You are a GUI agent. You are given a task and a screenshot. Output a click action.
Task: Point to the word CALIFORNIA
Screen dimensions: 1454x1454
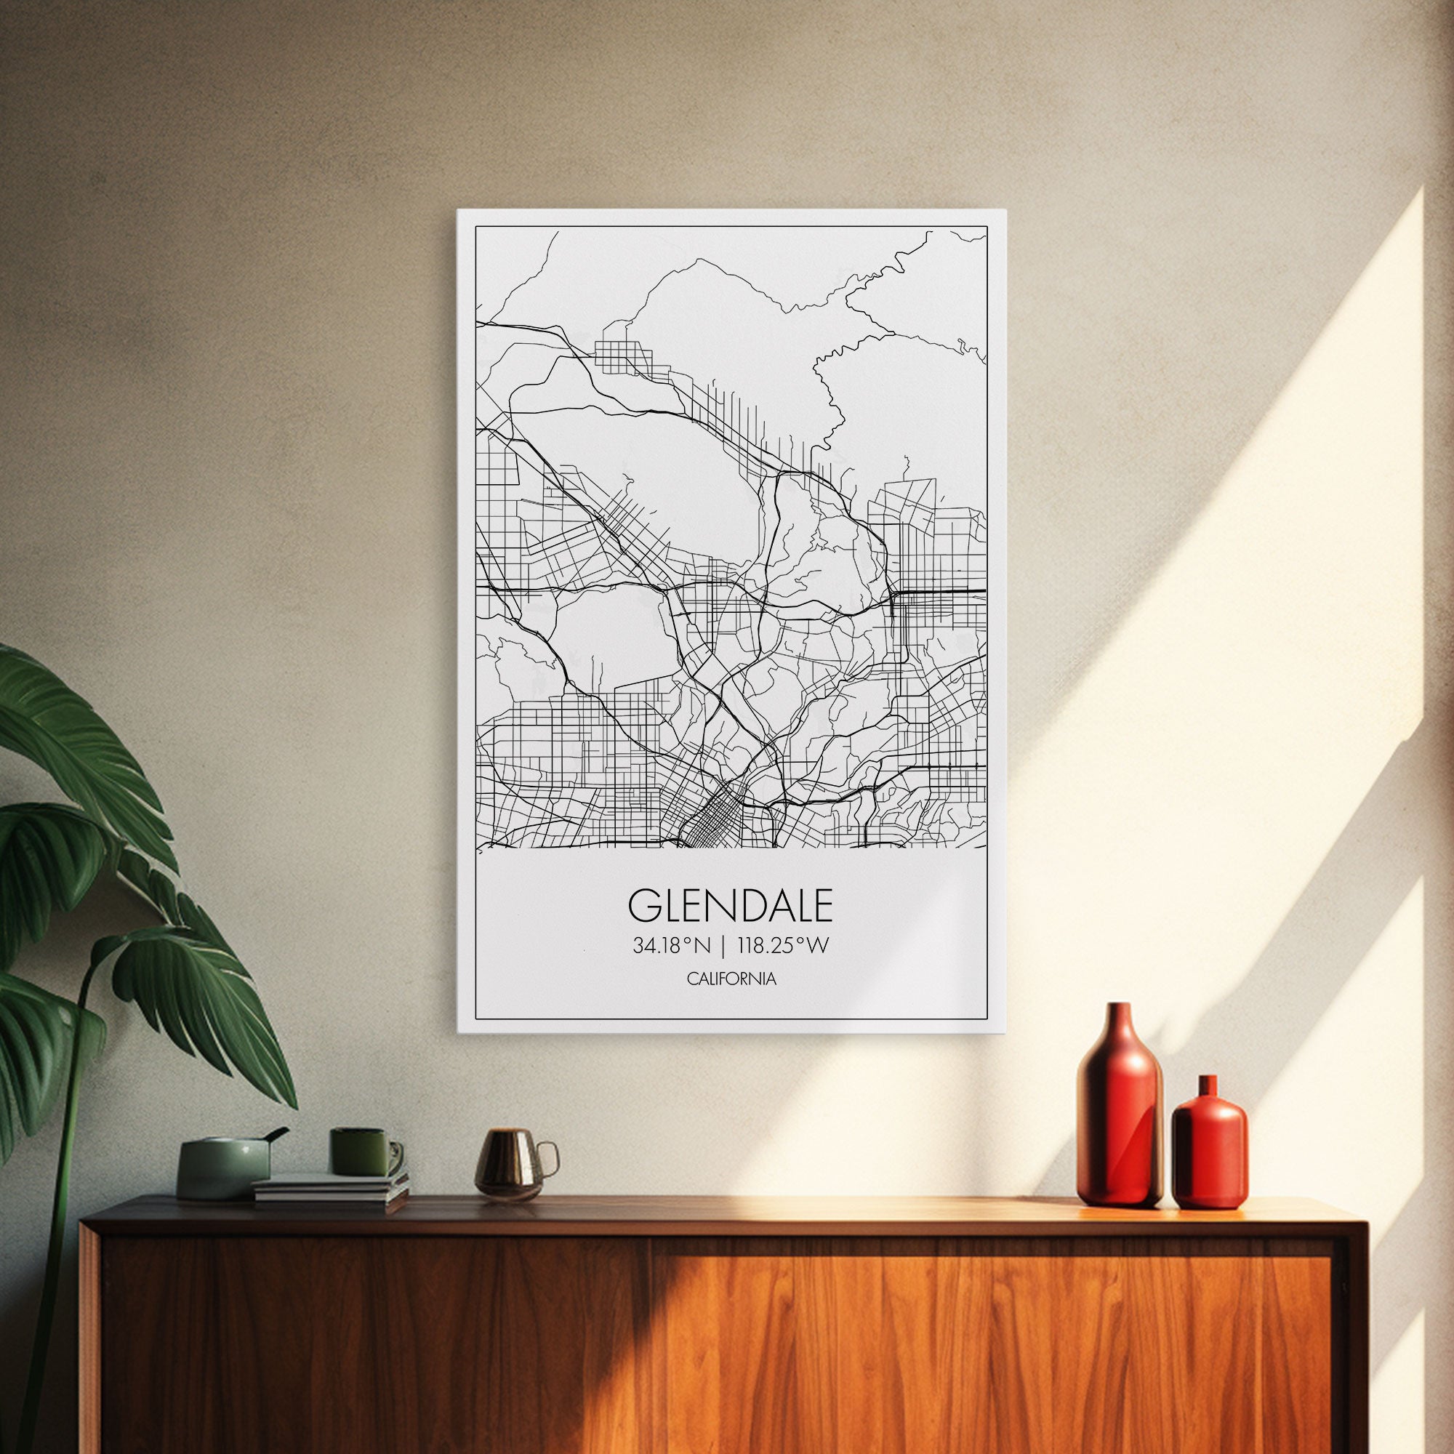click(730, 979)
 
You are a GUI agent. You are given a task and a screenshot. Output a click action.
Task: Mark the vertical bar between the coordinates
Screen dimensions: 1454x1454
click(723, 946)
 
